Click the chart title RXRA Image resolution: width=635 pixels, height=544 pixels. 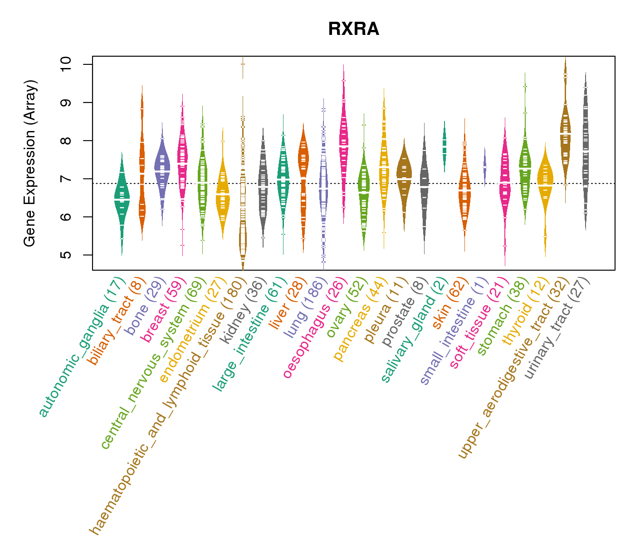point(353,29)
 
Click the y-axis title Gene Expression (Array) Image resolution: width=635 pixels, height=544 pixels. point(30,163)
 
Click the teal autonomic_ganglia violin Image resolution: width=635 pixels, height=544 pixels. point(122,199)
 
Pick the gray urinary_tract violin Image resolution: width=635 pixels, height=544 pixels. point(586,150)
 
